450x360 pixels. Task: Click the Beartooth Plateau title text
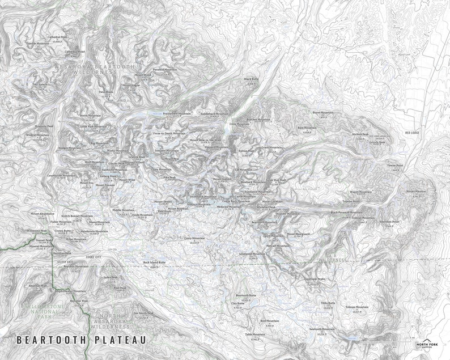(81, 340)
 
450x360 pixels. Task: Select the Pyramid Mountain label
(164, 70)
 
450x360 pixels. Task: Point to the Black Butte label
(251, 79)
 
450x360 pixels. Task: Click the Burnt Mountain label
(323, 112)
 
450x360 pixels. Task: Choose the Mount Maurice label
(415, 192)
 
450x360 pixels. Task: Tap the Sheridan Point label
(388, 222)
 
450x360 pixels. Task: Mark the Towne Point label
(395, 166)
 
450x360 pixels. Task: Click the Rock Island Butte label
(154, 262)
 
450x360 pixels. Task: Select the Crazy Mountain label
(194, 238)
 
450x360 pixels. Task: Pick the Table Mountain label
(256, 334)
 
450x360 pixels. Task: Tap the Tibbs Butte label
(328, 303)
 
